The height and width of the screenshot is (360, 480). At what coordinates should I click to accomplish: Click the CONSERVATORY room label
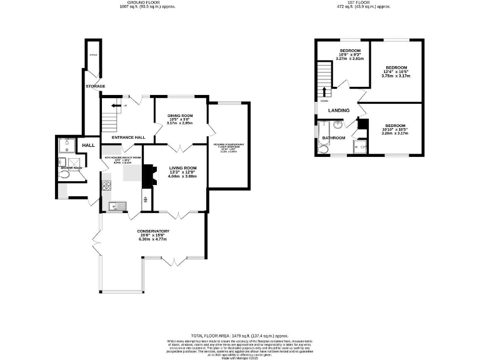(x=153, y=231)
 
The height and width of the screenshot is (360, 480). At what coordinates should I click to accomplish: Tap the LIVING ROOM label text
(x=182, y=167)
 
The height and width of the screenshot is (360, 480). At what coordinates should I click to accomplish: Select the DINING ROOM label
(x=180, y=116)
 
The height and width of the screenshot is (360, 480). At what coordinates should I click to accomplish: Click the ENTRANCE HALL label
(x=128, y=137)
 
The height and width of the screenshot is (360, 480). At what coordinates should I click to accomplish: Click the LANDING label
(x=339, y=111)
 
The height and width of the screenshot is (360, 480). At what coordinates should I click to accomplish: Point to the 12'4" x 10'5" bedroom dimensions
(x=396, y=71)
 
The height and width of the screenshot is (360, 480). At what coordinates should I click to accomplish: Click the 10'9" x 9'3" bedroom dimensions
(x=350, y=54)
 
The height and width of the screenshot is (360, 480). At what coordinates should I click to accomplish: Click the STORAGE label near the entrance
(x=96, y=86)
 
